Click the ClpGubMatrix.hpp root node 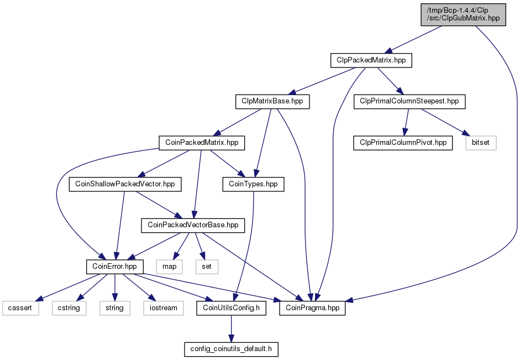tap(463, 14)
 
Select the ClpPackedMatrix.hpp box tap(371, 60)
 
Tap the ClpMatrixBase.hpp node tap(272, 102)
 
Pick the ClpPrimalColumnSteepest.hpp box tap(409, 102)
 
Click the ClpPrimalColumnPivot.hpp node tap(403, 143)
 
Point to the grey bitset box tap(481, 143)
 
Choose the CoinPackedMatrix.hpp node tap(202, 143)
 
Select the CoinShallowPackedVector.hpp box tap(125, 184)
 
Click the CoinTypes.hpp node tap(253, 184)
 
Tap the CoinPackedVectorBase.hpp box tap(193, 225)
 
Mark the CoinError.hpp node tap(115, 267)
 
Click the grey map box tap(170, 267)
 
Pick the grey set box tap(207, 267)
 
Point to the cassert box tap(20, 308)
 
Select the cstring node tap(69, 308)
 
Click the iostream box tap(164, 308)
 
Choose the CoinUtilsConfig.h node tap(231, 308)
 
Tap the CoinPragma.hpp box tap(312, 308)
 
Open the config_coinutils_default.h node tap(231, 349)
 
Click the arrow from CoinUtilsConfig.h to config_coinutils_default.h tap(231, 329)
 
